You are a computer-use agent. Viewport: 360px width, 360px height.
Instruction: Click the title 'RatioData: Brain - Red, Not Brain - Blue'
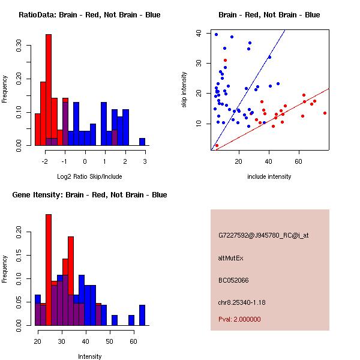click(x=89, y=15)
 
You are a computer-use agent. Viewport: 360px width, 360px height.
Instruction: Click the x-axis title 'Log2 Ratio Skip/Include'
click(x=90, y=176)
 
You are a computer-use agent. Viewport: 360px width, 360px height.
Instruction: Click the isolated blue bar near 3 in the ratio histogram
click(x=142, y=142)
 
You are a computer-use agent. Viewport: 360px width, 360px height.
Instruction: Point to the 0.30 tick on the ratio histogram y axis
click(x=20, y=46)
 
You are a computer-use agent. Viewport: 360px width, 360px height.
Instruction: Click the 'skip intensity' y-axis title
click(x=184, y=90)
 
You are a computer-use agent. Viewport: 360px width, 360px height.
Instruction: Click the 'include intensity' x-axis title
click(x=269, y=176)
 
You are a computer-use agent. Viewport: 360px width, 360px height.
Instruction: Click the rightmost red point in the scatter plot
click(x=325, y=113)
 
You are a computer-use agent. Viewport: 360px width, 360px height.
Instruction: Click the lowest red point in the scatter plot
click(x=217, y=145)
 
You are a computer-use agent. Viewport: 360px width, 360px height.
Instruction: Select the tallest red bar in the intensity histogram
click(x=49, y=270)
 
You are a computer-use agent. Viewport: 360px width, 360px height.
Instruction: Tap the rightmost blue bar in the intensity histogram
click(x=142, y=315)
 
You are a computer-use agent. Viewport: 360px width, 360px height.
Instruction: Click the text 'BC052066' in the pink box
click(x=233, y=280)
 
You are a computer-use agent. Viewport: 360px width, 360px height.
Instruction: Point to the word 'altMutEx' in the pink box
click(x=231, y=258)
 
